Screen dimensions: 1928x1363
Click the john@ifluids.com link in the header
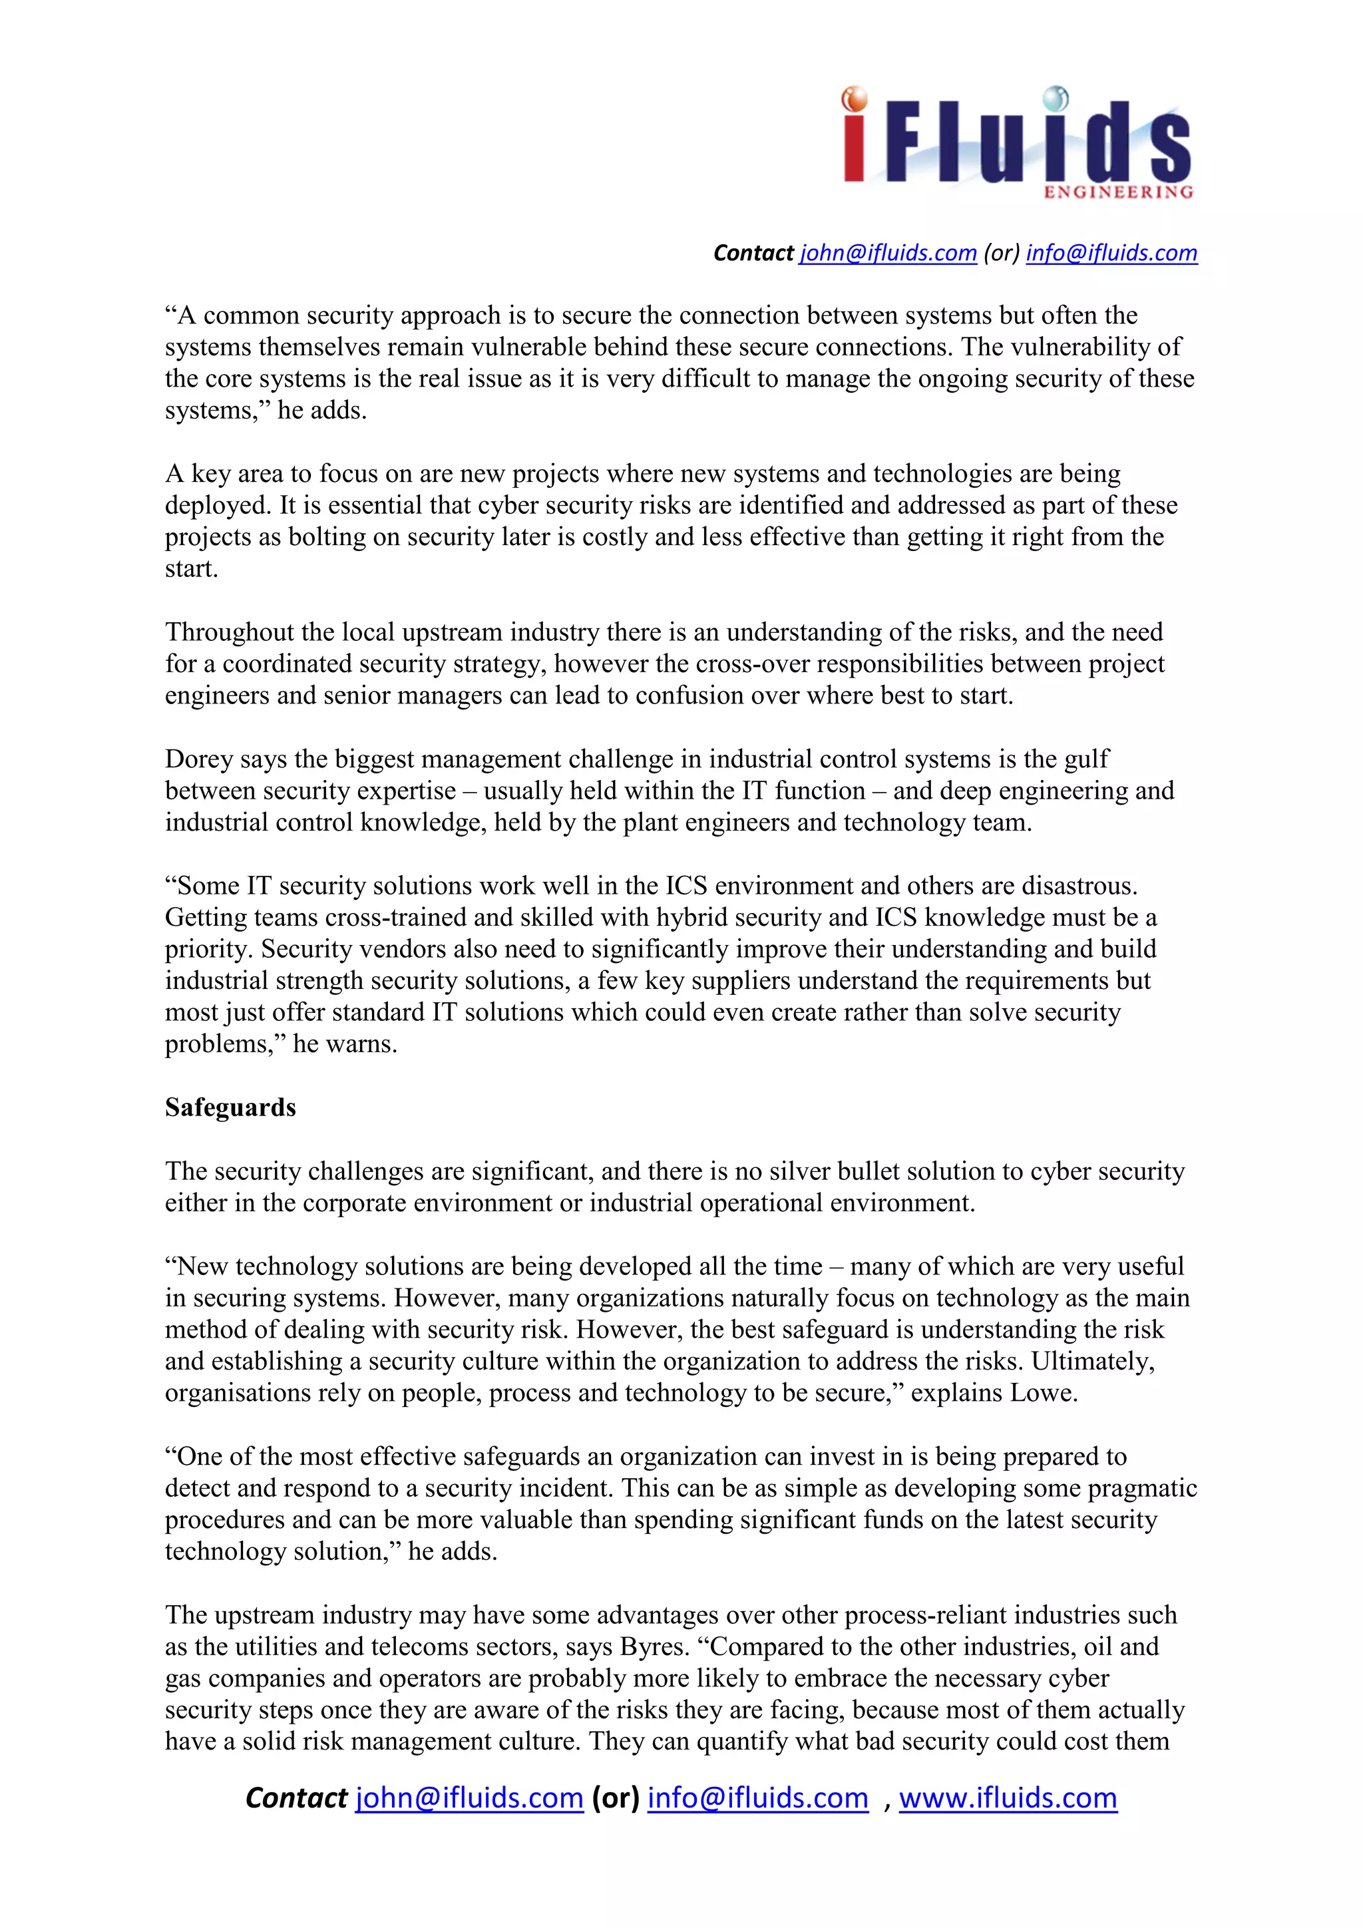pos(888,253)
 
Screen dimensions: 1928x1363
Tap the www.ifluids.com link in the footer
pos(1008,1798)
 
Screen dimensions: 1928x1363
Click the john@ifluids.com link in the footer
pos(469,1798)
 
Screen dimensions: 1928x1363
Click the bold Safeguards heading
pos(230,1107)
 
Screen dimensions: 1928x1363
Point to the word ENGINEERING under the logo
pos(1118,192)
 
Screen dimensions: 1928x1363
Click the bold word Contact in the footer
pos(295,1798)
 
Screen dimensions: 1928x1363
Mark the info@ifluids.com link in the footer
pos(757,1798)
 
